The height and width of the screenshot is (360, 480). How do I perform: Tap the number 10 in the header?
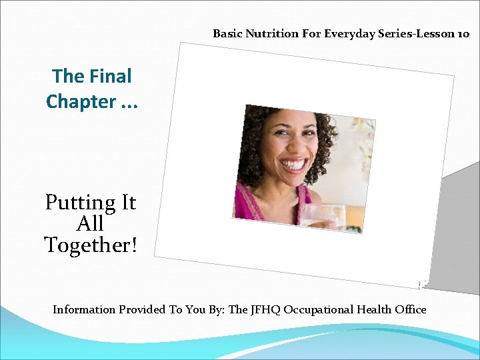[x=463, y=33]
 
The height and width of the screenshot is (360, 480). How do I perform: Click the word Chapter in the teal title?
[x=81, y=101]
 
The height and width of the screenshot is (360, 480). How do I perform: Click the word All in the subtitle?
[x=91, y=223]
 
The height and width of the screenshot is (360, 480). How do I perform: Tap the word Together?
[x=91, y=245]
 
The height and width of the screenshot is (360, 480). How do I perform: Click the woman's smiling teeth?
[x=294, y=163]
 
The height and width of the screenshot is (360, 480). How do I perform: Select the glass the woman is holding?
[x=323, y=217]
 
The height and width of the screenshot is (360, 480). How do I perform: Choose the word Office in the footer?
[x=409, y=309]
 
